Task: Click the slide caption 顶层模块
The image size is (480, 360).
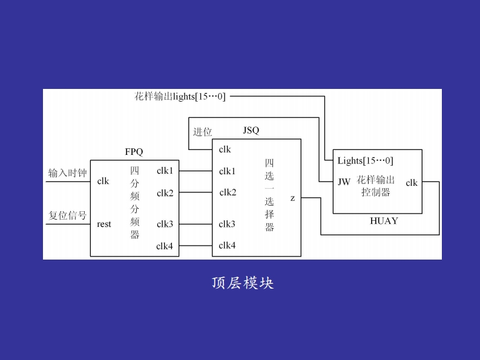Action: coord(243,283)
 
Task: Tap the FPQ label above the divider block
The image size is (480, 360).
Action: coord(134,151)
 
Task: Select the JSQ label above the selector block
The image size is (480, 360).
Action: coord(251,130)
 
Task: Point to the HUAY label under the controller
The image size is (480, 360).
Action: coord(384,221)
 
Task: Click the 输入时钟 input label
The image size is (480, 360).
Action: coord(67,174)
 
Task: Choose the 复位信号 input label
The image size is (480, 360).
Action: coord(67,215)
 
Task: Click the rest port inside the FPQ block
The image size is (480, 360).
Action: coord(104,224)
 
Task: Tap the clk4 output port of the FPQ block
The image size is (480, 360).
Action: coord(165,246)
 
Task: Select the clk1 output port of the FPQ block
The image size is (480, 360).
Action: coord(165,171)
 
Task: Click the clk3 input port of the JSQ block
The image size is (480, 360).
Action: coord(227,224)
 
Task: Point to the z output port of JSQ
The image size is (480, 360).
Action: coord(292,198)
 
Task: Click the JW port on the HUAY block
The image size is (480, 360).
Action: coord(344,182)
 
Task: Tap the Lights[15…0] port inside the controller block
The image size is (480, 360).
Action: coord(365,161)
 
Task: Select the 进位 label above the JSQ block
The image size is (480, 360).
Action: coord(202,132)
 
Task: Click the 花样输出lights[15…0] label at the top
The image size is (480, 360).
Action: coord(180,96)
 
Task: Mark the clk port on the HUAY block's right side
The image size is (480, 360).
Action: coord(412,183)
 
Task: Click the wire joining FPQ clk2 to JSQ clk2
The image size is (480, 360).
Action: coord(196,193)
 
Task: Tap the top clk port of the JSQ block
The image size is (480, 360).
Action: coord(225,149)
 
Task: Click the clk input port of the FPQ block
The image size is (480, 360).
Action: coord(103,181)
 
